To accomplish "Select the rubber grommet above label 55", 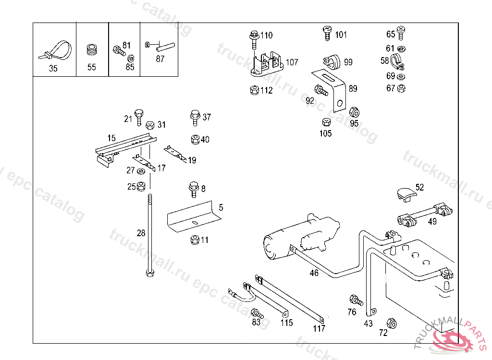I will [x=91, y=50].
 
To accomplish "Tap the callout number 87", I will [x=160, y=59].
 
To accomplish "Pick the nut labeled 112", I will [x=255, y=90].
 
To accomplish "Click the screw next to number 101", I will [x=327, y=34].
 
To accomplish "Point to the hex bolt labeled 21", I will [x=139, y=116].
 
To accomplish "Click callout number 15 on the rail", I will [x=111, y=138].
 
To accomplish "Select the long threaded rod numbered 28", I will [x=150, y=235].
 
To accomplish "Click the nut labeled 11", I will [x=195, y=240].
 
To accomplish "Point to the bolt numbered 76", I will [x=356, y=300].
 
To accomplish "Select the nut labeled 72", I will [x=392, y=323].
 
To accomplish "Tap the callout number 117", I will [x=319, y=329].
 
